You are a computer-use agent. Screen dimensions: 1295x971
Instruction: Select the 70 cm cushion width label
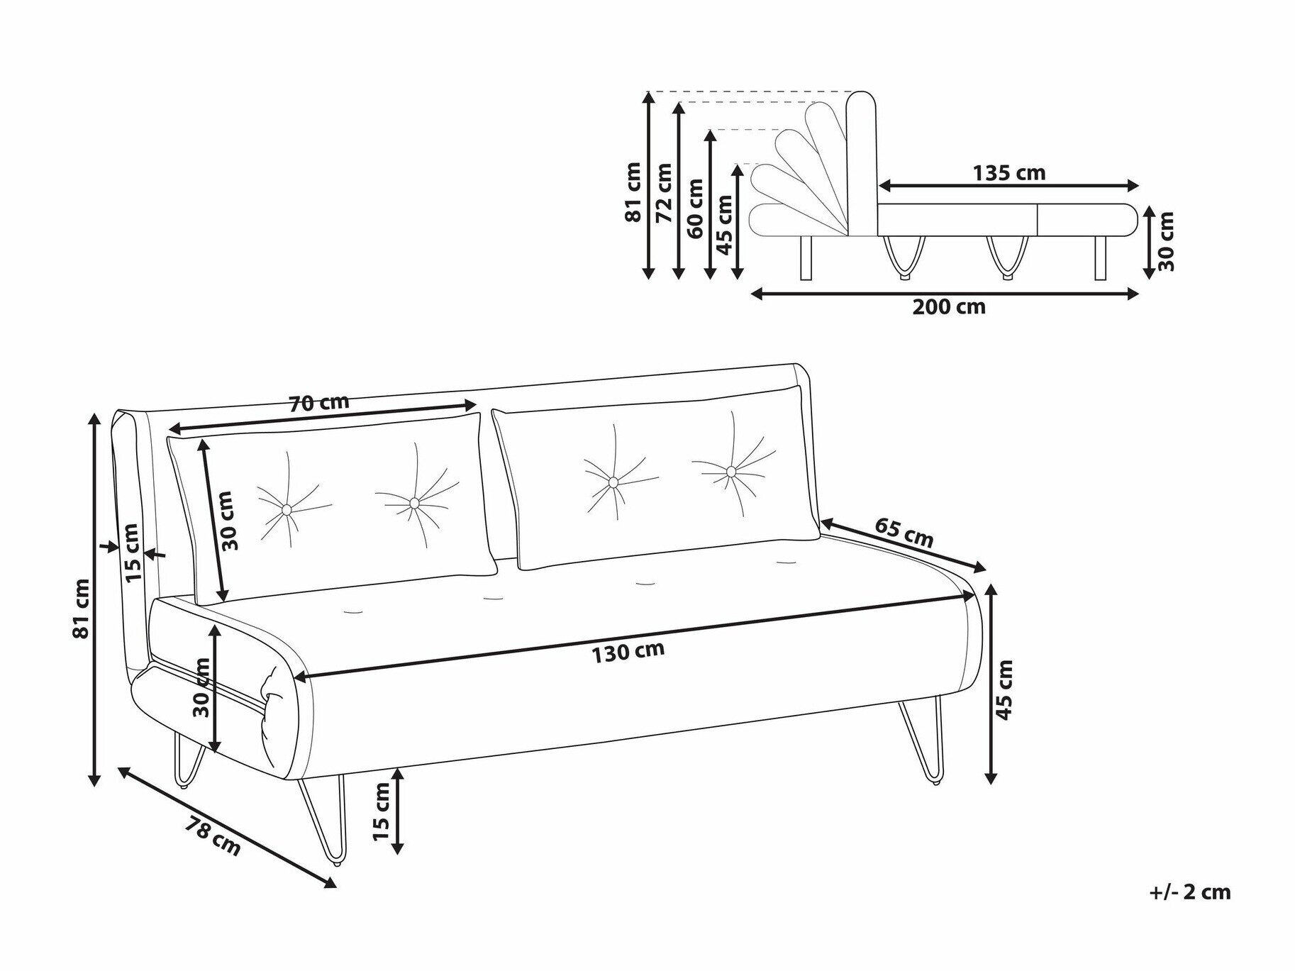point(319,403)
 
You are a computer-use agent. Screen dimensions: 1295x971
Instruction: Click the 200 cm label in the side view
point(949,307)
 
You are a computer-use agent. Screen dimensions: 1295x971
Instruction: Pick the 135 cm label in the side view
point(1008,172)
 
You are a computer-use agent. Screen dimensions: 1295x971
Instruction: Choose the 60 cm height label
point(695,208)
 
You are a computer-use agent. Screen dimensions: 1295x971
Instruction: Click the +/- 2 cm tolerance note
point(1190,892)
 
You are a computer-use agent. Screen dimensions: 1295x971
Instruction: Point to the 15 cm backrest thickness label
point(133,553)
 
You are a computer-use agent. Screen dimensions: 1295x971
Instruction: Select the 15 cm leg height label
point(381,811)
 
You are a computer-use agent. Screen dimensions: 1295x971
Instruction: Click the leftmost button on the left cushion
point(286,509)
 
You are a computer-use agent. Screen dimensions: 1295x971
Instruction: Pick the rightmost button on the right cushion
point(730,471)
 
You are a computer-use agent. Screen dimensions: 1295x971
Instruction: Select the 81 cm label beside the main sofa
point(83,608)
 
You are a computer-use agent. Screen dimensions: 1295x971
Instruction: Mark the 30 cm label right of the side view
point(1165,241)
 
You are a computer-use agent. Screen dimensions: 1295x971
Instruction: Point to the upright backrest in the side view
point(863,163)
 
